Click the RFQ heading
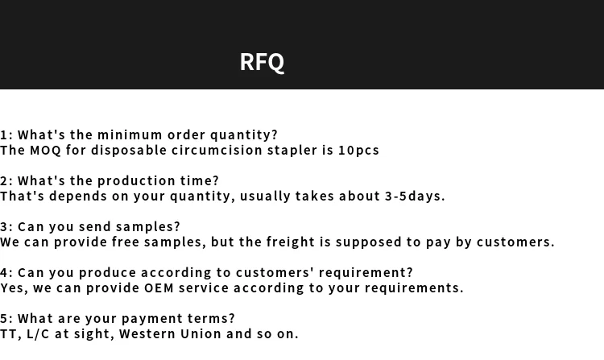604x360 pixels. (x=262, y=62)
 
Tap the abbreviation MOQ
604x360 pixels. (x=45, y=150)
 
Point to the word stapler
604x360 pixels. (x=292, y=150)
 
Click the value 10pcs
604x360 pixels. (x=358, y=150)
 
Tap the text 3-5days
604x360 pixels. (x=415, y=196)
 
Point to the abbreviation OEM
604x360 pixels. (x=159, y=288)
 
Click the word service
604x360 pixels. (x=204, y=288)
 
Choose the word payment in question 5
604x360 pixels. (x=154, y=318)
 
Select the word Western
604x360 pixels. (x=147, y=333)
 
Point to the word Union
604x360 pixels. (x=201, y=333)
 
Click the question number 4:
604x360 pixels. (x=6, y=272)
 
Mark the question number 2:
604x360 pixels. (x=6, y=180)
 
